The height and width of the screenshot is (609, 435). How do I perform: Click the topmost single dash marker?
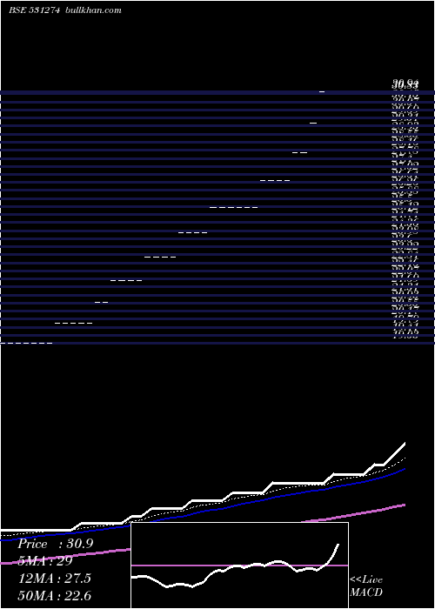[x=322, y=91]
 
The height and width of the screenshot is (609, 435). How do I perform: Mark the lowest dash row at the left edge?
[x=26, y=345]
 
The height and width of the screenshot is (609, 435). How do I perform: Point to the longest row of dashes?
[x=234, y=208]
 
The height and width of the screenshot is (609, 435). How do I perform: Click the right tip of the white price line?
[x=405, y=444]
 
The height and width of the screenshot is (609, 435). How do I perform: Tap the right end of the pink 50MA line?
[x=405, y=504]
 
